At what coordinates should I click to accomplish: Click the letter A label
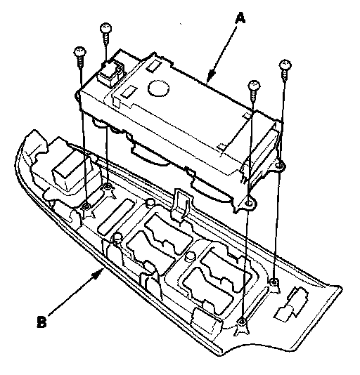[240, 19]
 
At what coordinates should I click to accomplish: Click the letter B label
[42, 322]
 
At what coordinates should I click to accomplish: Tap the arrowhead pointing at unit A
[210, 77]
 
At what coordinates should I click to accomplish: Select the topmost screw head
[105, 28]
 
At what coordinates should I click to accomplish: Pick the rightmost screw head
[285, 65]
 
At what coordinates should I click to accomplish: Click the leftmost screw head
[80, 51]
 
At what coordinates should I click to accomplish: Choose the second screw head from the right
[254, 86]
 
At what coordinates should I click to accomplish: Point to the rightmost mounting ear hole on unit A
[279, 165]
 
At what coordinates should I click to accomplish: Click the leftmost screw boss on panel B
[86, 206]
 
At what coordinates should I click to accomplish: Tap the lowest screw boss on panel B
[242, 322]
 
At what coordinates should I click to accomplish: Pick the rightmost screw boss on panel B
[274, 282]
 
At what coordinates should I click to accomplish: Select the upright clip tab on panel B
[179, 205]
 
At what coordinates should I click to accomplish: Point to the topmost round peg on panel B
[150, 202]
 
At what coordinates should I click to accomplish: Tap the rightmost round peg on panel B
[191, 256]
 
